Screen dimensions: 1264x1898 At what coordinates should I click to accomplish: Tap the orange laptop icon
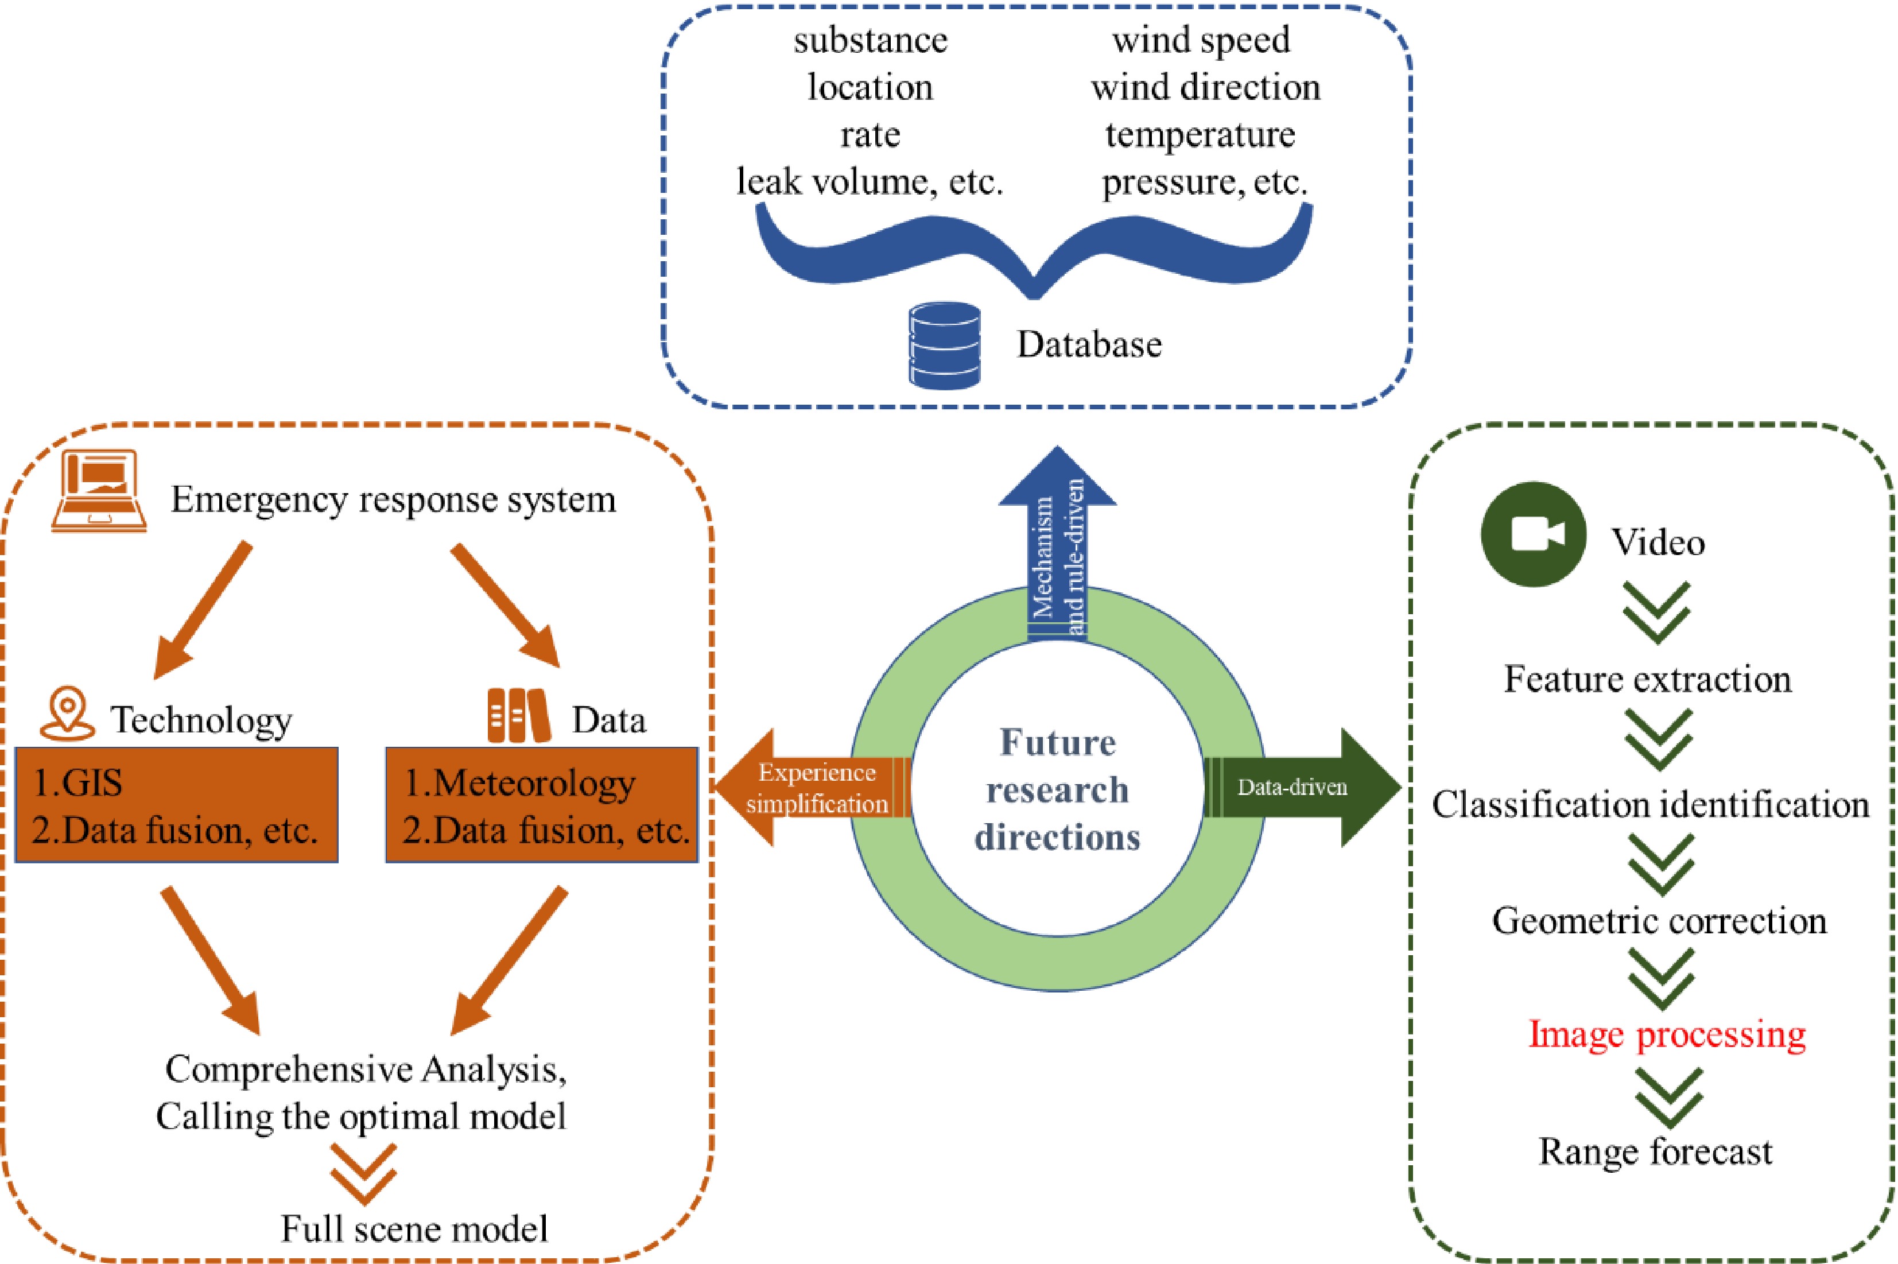[x=98, y=492]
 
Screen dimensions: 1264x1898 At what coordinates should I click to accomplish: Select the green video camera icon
[x=1533, y=534]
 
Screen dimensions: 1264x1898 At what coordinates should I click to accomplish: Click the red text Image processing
[x=1667, y=1034]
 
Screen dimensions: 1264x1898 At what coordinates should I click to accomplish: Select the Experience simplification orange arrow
[x=810, y=788]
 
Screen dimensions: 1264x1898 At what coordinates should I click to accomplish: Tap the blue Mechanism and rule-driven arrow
[x=1057, y=548]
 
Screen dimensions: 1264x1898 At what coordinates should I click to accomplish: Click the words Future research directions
[x=1057, y=789]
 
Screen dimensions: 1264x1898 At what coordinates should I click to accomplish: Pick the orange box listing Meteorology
[x=542, y=805]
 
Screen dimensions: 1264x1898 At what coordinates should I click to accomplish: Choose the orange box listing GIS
[x=177, y=805]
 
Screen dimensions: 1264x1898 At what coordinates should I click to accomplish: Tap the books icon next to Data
[x=518, y=715]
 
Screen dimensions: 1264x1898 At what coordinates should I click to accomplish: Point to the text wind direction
[x=1206, y=87]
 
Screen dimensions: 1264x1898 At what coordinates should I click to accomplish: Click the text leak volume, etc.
[x=870, y=181]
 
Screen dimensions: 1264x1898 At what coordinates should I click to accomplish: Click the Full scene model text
[x=414, y=1228]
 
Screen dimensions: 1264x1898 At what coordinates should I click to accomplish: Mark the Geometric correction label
[x=1659, y=921]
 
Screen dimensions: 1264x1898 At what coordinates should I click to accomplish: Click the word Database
[x=1089, y=345]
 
